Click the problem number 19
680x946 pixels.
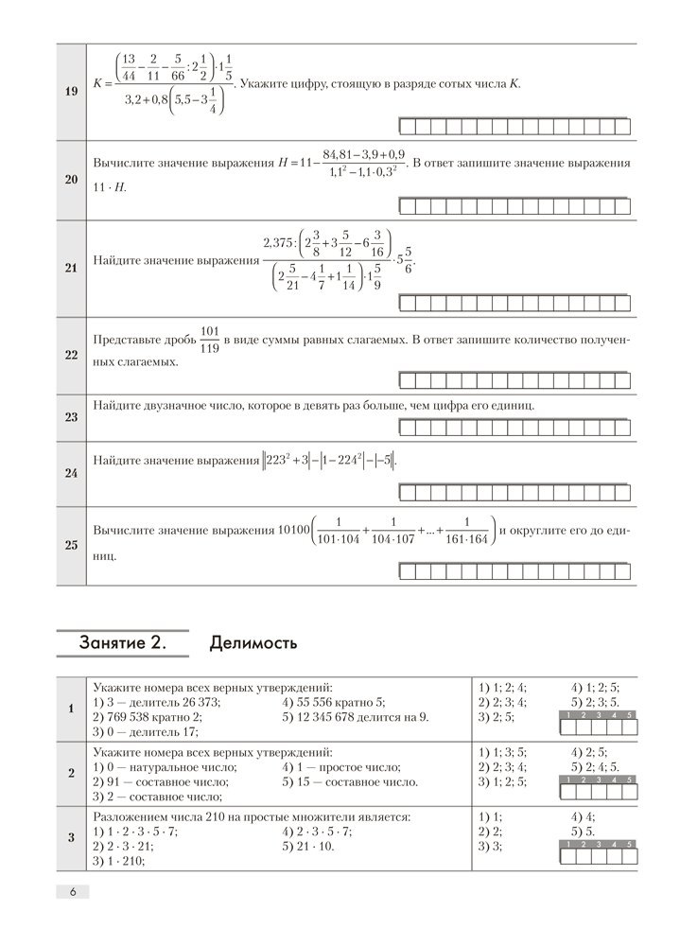(71, 91)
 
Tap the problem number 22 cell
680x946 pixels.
(71, 355)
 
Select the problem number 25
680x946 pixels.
(71, 546)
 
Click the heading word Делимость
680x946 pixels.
(253, 644)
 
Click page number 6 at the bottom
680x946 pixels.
(72, 892)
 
